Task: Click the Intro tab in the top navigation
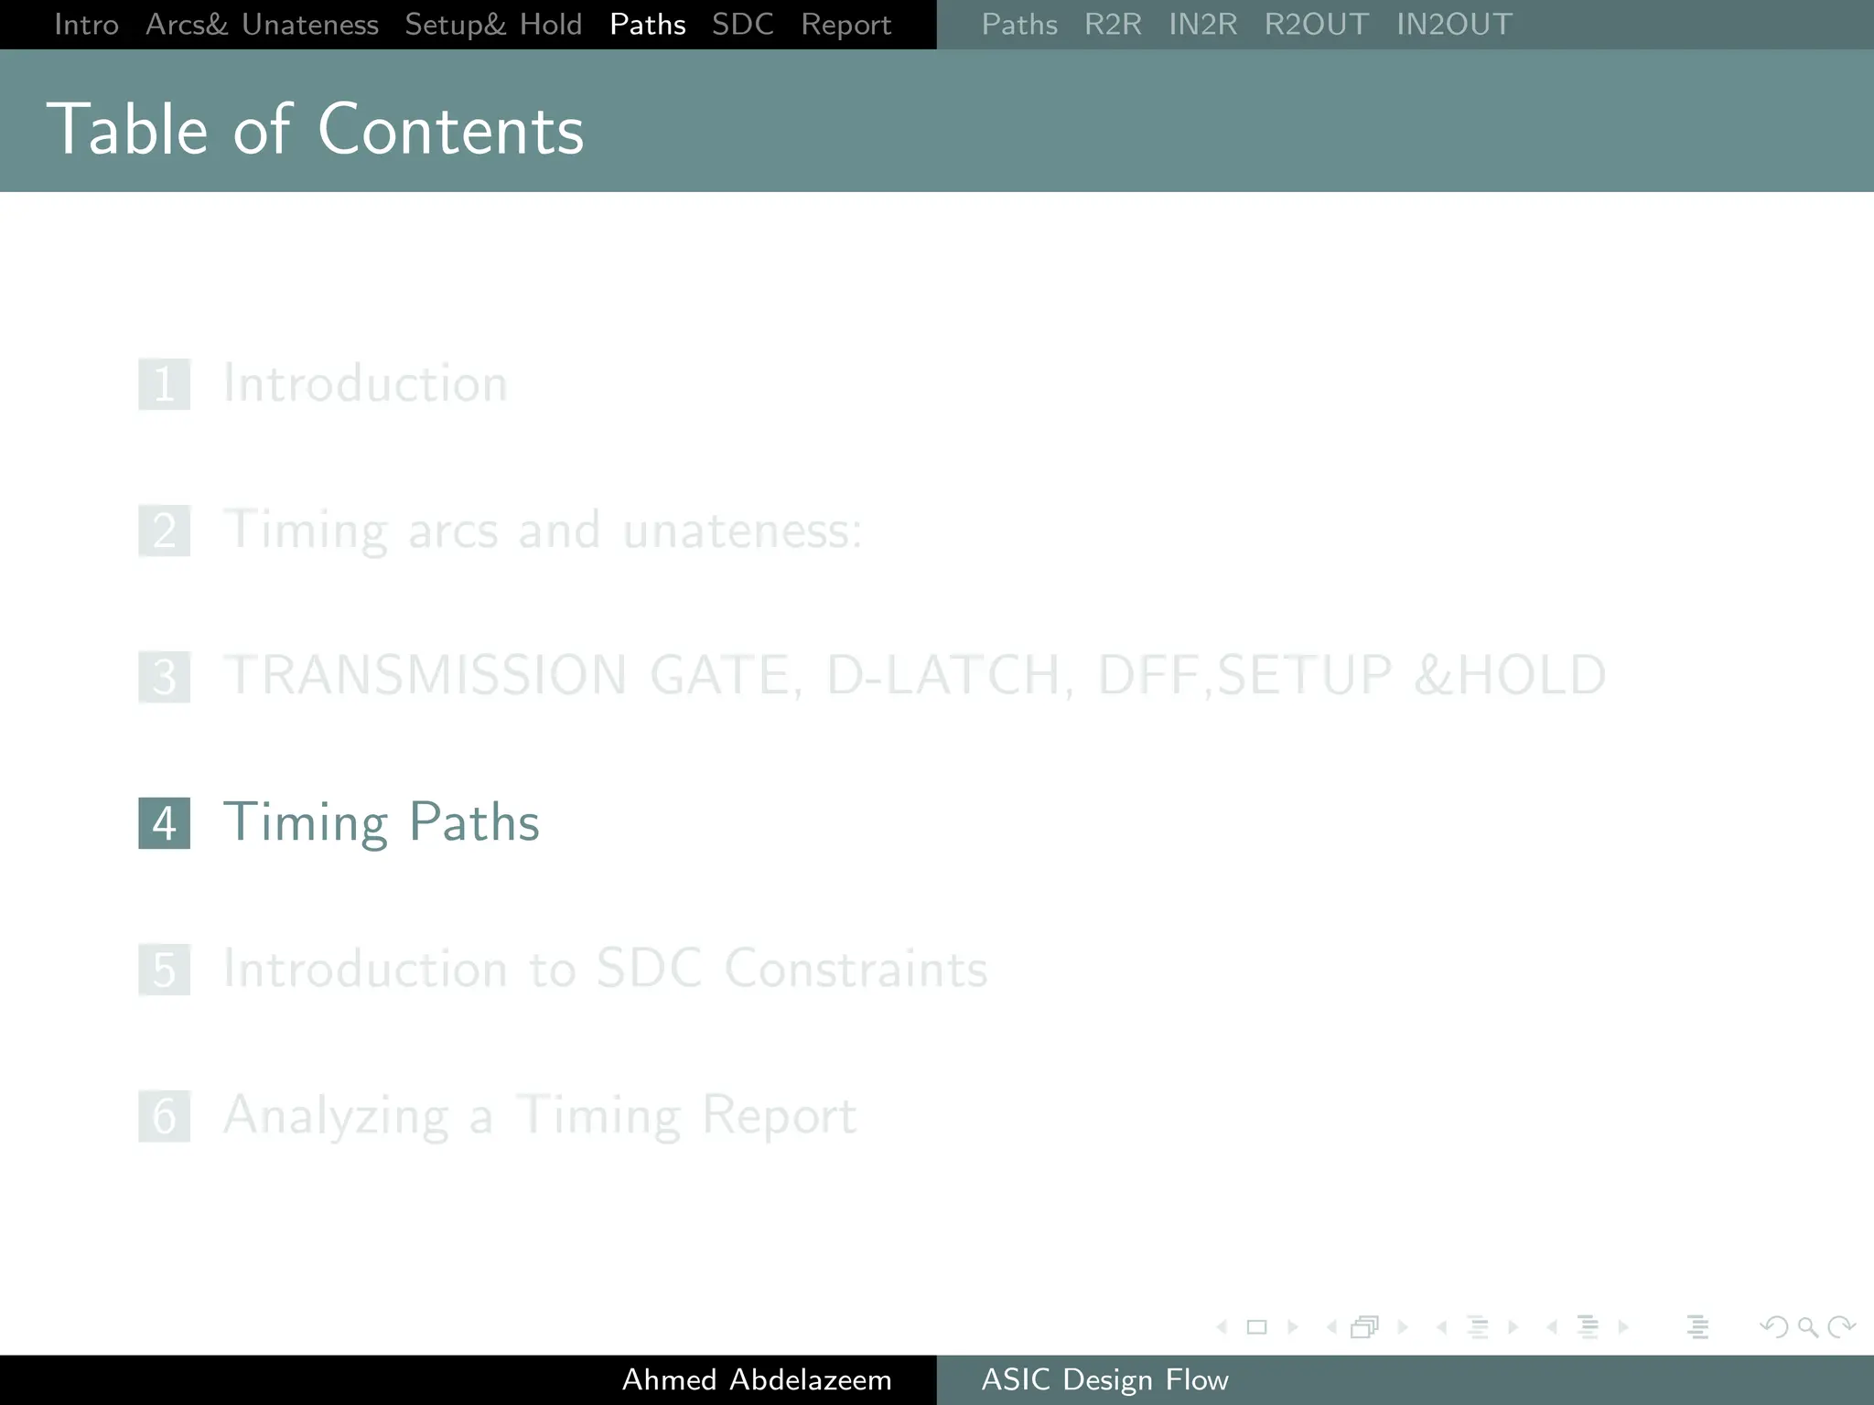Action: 86,25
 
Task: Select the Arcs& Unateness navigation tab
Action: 262,25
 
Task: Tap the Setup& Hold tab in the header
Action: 493,25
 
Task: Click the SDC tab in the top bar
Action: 742,25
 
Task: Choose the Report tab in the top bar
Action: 845,25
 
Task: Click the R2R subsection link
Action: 1113,25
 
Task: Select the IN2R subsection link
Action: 1202,25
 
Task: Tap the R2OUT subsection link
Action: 1316,25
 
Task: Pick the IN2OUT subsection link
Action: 1454,25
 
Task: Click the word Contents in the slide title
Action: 450,130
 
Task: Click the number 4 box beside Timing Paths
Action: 165,823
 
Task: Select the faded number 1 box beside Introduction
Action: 165,384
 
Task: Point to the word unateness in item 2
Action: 741,531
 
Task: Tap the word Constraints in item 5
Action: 856,969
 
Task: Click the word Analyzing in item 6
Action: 336,1116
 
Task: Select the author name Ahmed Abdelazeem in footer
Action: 757,1379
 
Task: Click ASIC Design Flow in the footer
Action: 1104,1379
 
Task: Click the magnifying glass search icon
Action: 1807,1326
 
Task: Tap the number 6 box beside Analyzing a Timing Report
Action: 165,1116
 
